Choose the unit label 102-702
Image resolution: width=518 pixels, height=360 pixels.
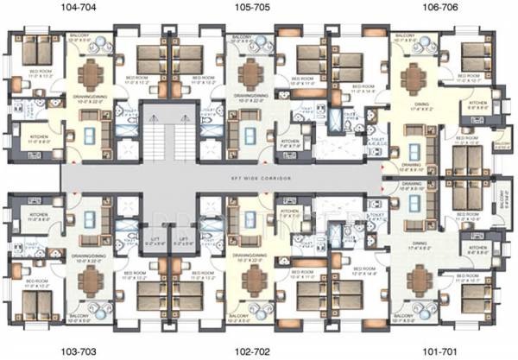(256, 352)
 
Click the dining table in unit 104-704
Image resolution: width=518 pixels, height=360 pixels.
(89, 73)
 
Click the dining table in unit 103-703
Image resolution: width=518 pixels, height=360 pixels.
(89, 281)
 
